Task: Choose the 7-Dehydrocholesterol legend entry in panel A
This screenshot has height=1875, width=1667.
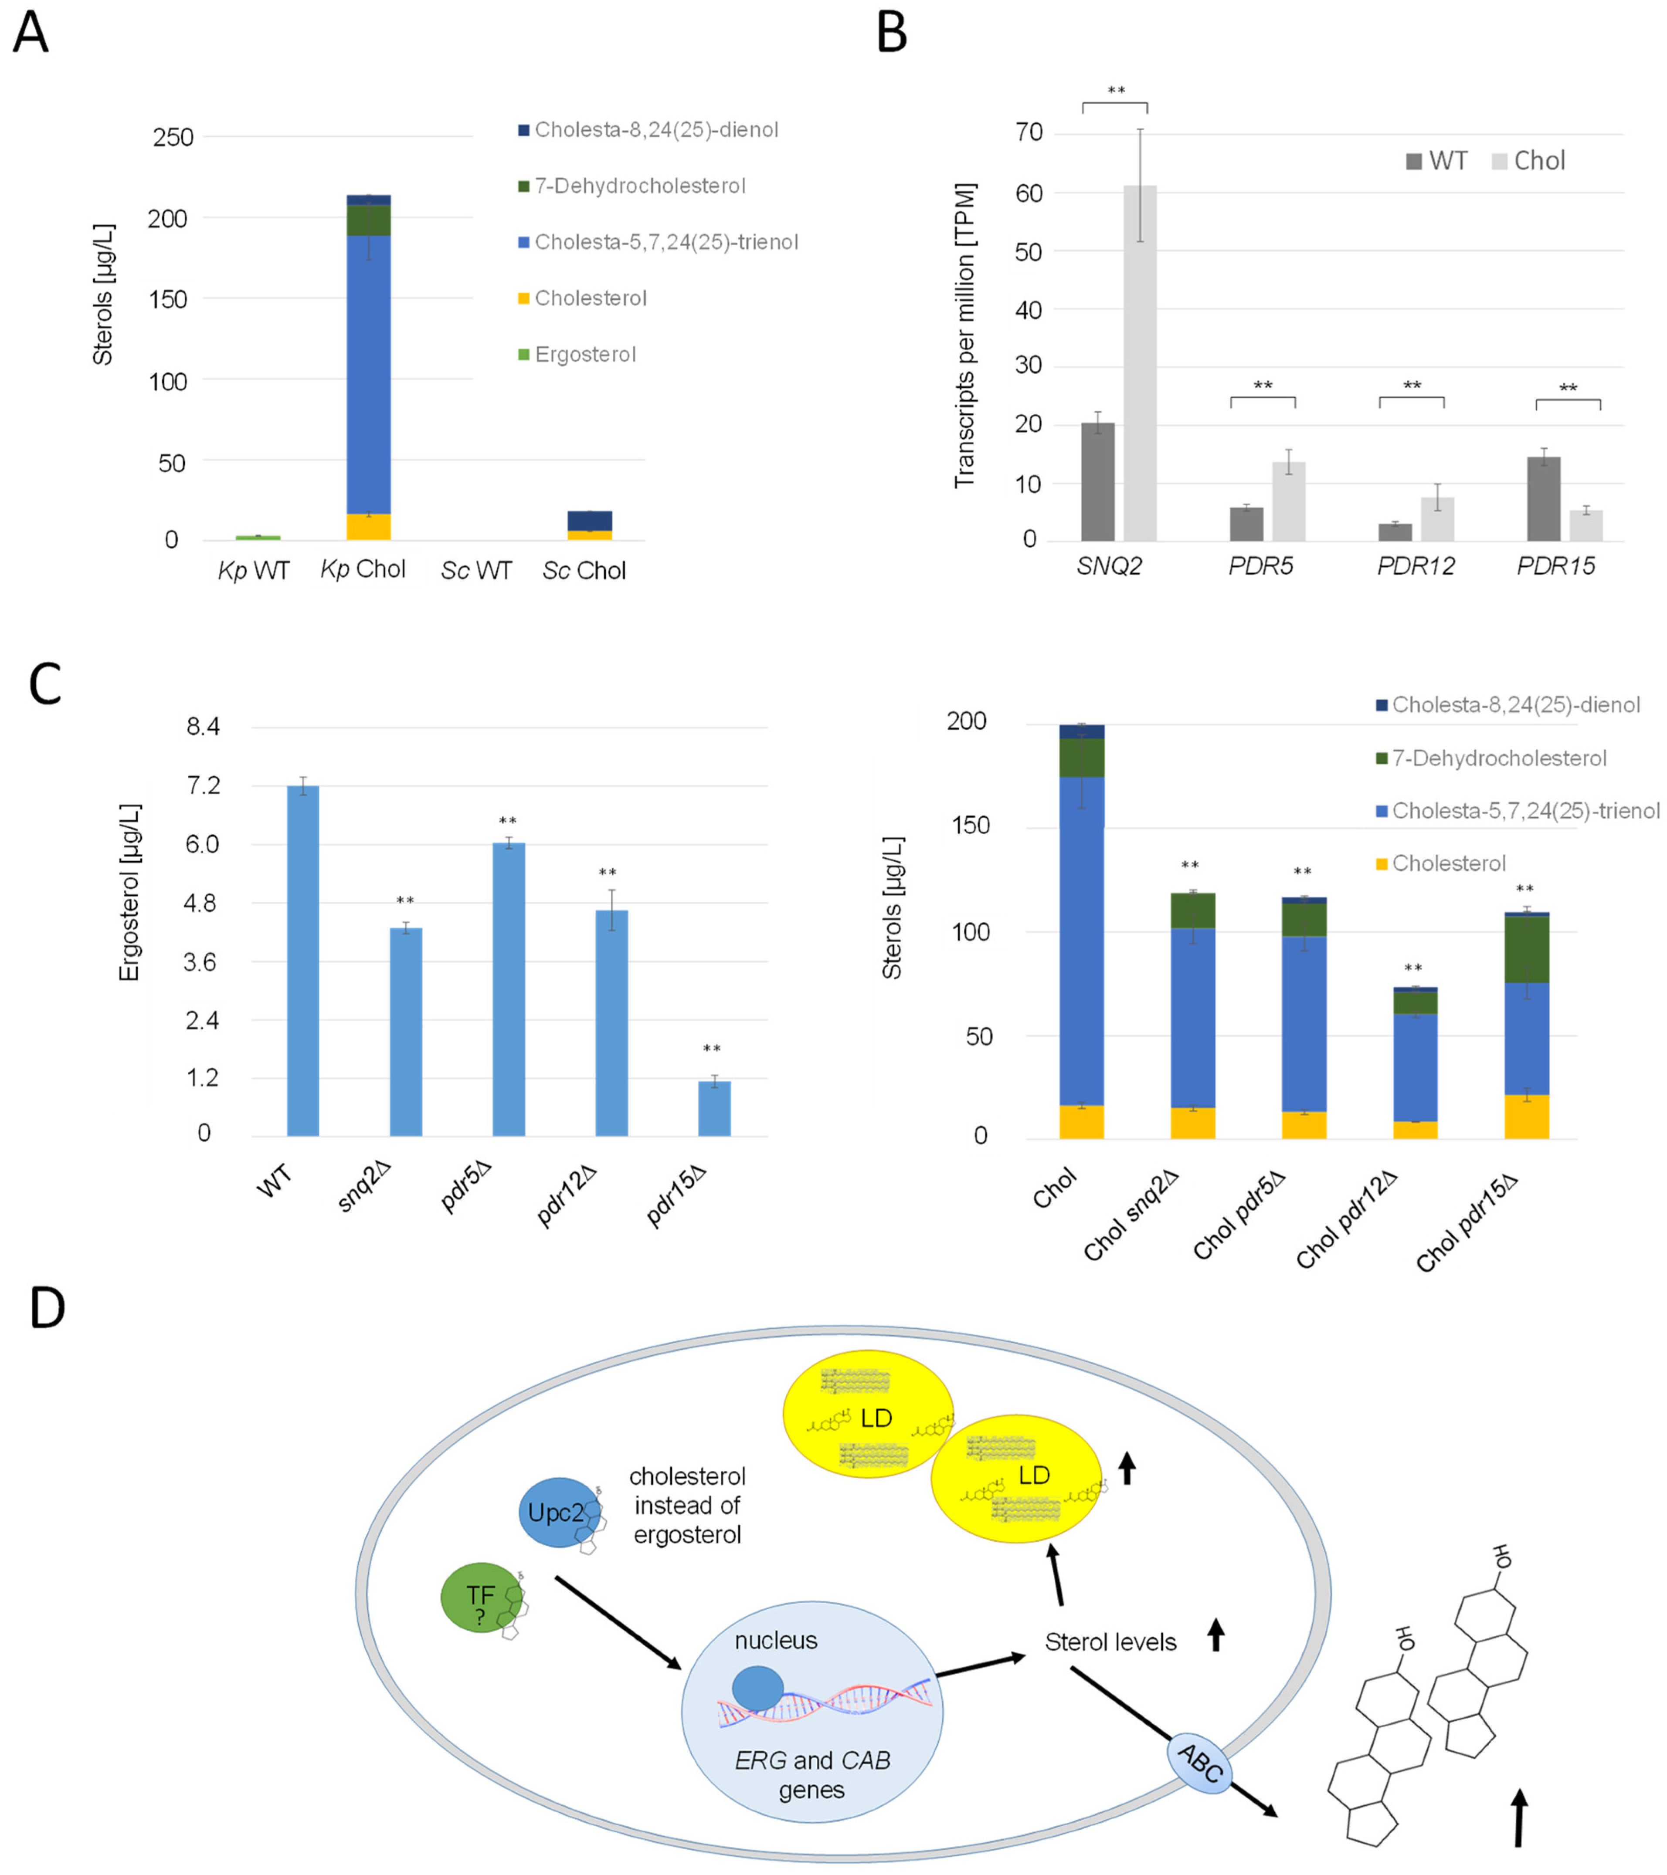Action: click(639, 186)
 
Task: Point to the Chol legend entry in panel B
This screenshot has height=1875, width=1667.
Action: click(1538, 162)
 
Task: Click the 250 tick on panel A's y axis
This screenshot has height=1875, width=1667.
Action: click(173, 138)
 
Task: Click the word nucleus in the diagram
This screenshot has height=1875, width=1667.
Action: click(775, 1640)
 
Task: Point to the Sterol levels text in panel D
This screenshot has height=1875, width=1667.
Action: click(1110, 1642)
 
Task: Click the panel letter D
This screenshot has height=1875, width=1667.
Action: click(48, 1308)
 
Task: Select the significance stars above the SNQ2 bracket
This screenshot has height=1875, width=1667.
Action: click(1116, 91)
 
